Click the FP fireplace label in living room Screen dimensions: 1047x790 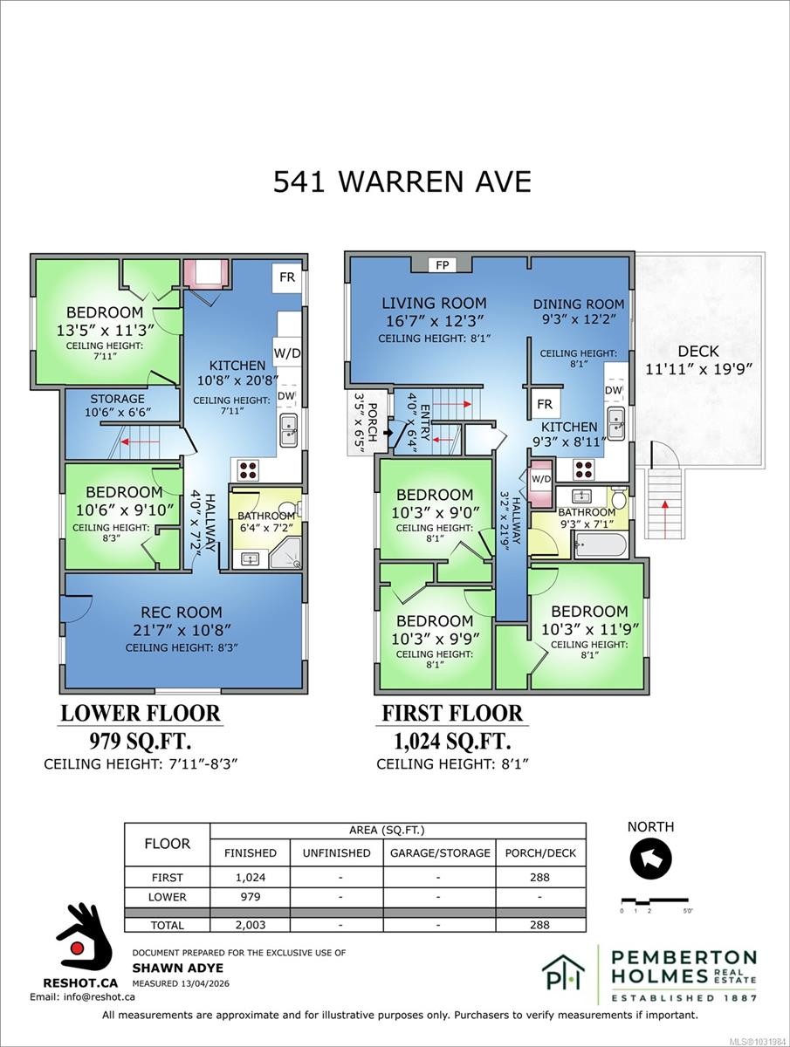pyautogui.click(x=443, y=264)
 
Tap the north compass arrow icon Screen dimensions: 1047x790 pyautogui.click(x=650, y=859)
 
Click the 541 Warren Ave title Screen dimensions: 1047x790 pyautogui.click(x=402, y=181)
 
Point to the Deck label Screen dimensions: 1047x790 pyautogui.click(x=698, y=351)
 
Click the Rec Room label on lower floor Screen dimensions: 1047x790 pyautogui.click(x=182, y=612)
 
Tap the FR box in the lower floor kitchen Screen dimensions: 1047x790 pyautogui.click(x=286, y=278)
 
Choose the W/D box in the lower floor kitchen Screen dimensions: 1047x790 pyautogui.click(x=286, y=354)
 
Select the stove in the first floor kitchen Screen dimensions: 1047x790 pyautogui.click(x=584, y=470)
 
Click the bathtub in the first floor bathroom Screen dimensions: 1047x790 pyautogui.click(x=600, y=546)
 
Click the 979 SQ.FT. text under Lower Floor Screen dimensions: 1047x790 pyautogui.click(x=141, y=742)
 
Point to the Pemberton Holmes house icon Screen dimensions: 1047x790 pyautogui.click(x=563, y=974)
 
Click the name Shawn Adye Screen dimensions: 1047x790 pyautogui.click(x=165, y=968)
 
